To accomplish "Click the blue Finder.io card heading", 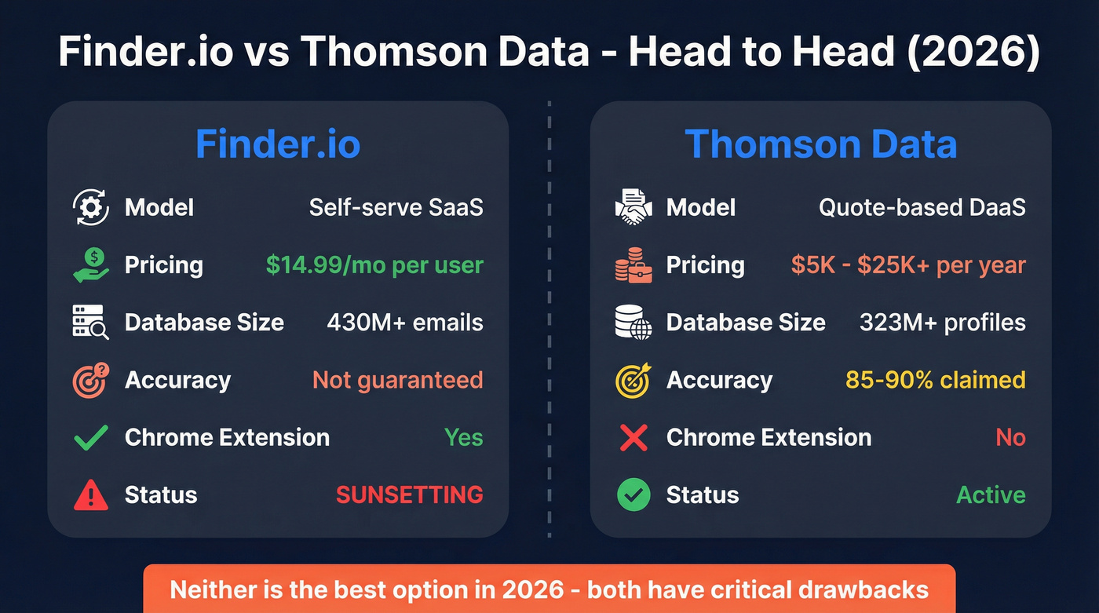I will click(x=278, y=144).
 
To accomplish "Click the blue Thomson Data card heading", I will click(x=820, y=144).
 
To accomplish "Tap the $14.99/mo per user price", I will click(x=374, y=265).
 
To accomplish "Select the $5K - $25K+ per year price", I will click(x=908, y=265).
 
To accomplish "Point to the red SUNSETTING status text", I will click(x=409, y=494).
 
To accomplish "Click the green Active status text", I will click(x=991, y=494).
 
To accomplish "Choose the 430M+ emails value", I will click(x=404, y=323).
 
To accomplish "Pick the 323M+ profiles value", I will click(x=942, y=323).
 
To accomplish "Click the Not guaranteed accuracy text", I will click(x=397, y=380).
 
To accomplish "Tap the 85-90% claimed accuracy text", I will click(x=935, y=380).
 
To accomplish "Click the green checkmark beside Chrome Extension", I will click(x=90, y=437).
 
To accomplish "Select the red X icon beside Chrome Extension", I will click(x=633, y=437).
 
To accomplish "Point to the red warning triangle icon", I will click(x=90, y=495).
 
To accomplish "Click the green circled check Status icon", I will click(x=633, y=495).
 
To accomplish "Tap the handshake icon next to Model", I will click(x=633, y=208).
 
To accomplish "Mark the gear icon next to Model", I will click(x=90, y=208).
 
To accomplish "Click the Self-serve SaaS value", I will click(x=396, y=208).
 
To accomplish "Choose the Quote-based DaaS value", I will click(x=922, y=208).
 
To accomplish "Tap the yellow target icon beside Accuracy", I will click(x=633, y=380).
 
